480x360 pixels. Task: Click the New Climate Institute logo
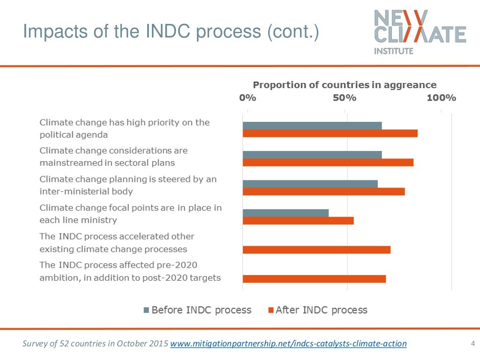[420, 32]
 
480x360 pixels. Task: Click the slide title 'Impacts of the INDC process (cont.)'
[171, 32]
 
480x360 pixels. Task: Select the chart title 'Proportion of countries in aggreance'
[345, 85]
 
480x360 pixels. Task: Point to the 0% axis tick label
[247, 98]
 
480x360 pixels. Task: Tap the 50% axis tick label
[345, 98]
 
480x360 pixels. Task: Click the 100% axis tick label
[441, 98]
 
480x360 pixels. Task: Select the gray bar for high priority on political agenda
[312, 125]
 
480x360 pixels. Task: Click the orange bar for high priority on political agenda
[330, 134]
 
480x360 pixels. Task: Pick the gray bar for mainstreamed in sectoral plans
[312, 154]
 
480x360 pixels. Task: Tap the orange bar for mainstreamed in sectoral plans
[328, 163]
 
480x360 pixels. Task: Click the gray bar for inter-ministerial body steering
[310, 183]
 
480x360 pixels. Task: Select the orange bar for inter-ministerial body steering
[323, 191]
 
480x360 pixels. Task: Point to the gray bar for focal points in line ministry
[285, 213]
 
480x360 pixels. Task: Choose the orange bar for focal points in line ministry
[298, 221]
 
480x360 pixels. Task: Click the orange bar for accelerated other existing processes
[316, 250]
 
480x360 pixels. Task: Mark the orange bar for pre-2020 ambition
[314, 279]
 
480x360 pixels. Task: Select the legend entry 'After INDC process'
[317, 310]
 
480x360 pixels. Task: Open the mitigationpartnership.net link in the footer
[288, 344]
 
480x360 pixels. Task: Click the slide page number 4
[472, 344]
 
